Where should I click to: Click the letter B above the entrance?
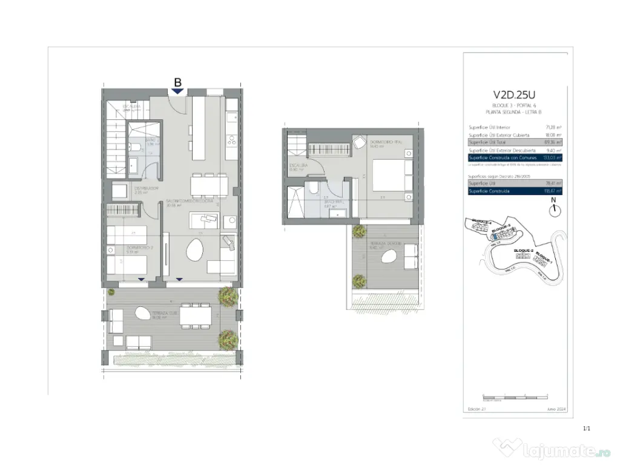tap(177, 82)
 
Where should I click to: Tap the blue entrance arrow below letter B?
tap(177, 91)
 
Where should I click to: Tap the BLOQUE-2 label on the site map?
tap(523, 250)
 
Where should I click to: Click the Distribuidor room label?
tap(146, 188)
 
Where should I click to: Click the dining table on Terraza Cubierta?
tap(196, 314)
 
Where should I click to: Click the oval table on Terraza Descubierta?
tap(389, 257)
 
